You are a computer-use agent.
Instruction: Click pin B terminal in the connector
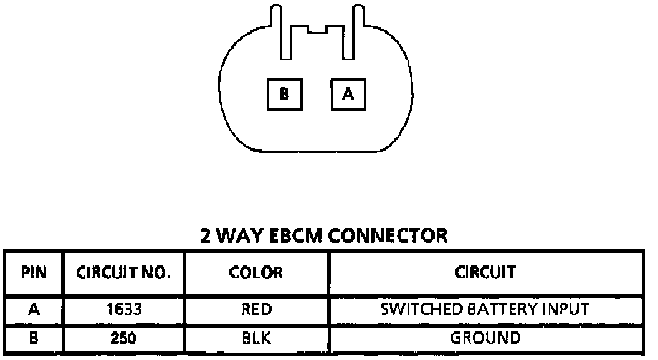pyautogui.click(x=284, y=94)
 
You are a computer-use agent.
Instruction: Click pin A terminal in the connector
pyautogui.click(x=348, y=94)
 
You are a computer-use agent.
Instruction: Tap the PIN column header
pyautogui.click(x=33, y=272)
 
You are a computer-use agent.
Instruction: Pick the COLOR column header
pyautogui.click(x=256, y=272)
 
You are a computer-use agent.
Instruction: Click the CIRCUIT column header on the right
pyautogui.click(x=485, y=272)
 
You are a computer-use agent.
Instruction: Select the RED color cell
pyautogui.click(x=256, y=309)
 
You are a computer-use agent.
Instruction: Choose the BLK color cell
pyautogui.click(x=256, y=338)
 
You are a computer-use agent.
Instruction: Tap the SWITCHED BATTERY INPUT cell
pyautogui.click(x=485, y=309)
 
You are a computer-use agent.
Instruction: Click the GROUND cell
pyautogui.click(x=485, y=338)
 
